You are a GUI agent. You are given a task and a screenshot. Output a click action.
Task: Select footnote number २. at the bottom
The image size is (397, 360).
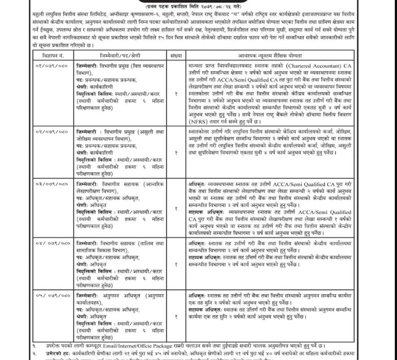pos(34,355)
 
